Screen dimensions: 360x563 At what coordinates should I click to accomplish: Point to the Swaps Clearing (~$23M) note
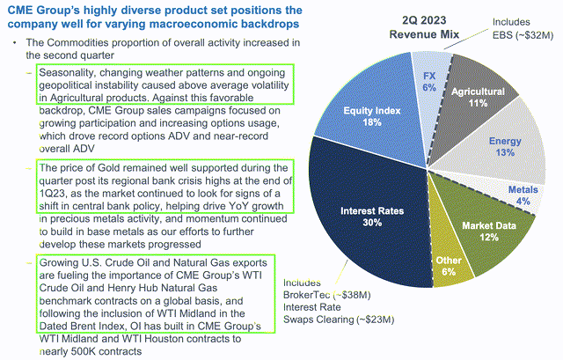[327, 320]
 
